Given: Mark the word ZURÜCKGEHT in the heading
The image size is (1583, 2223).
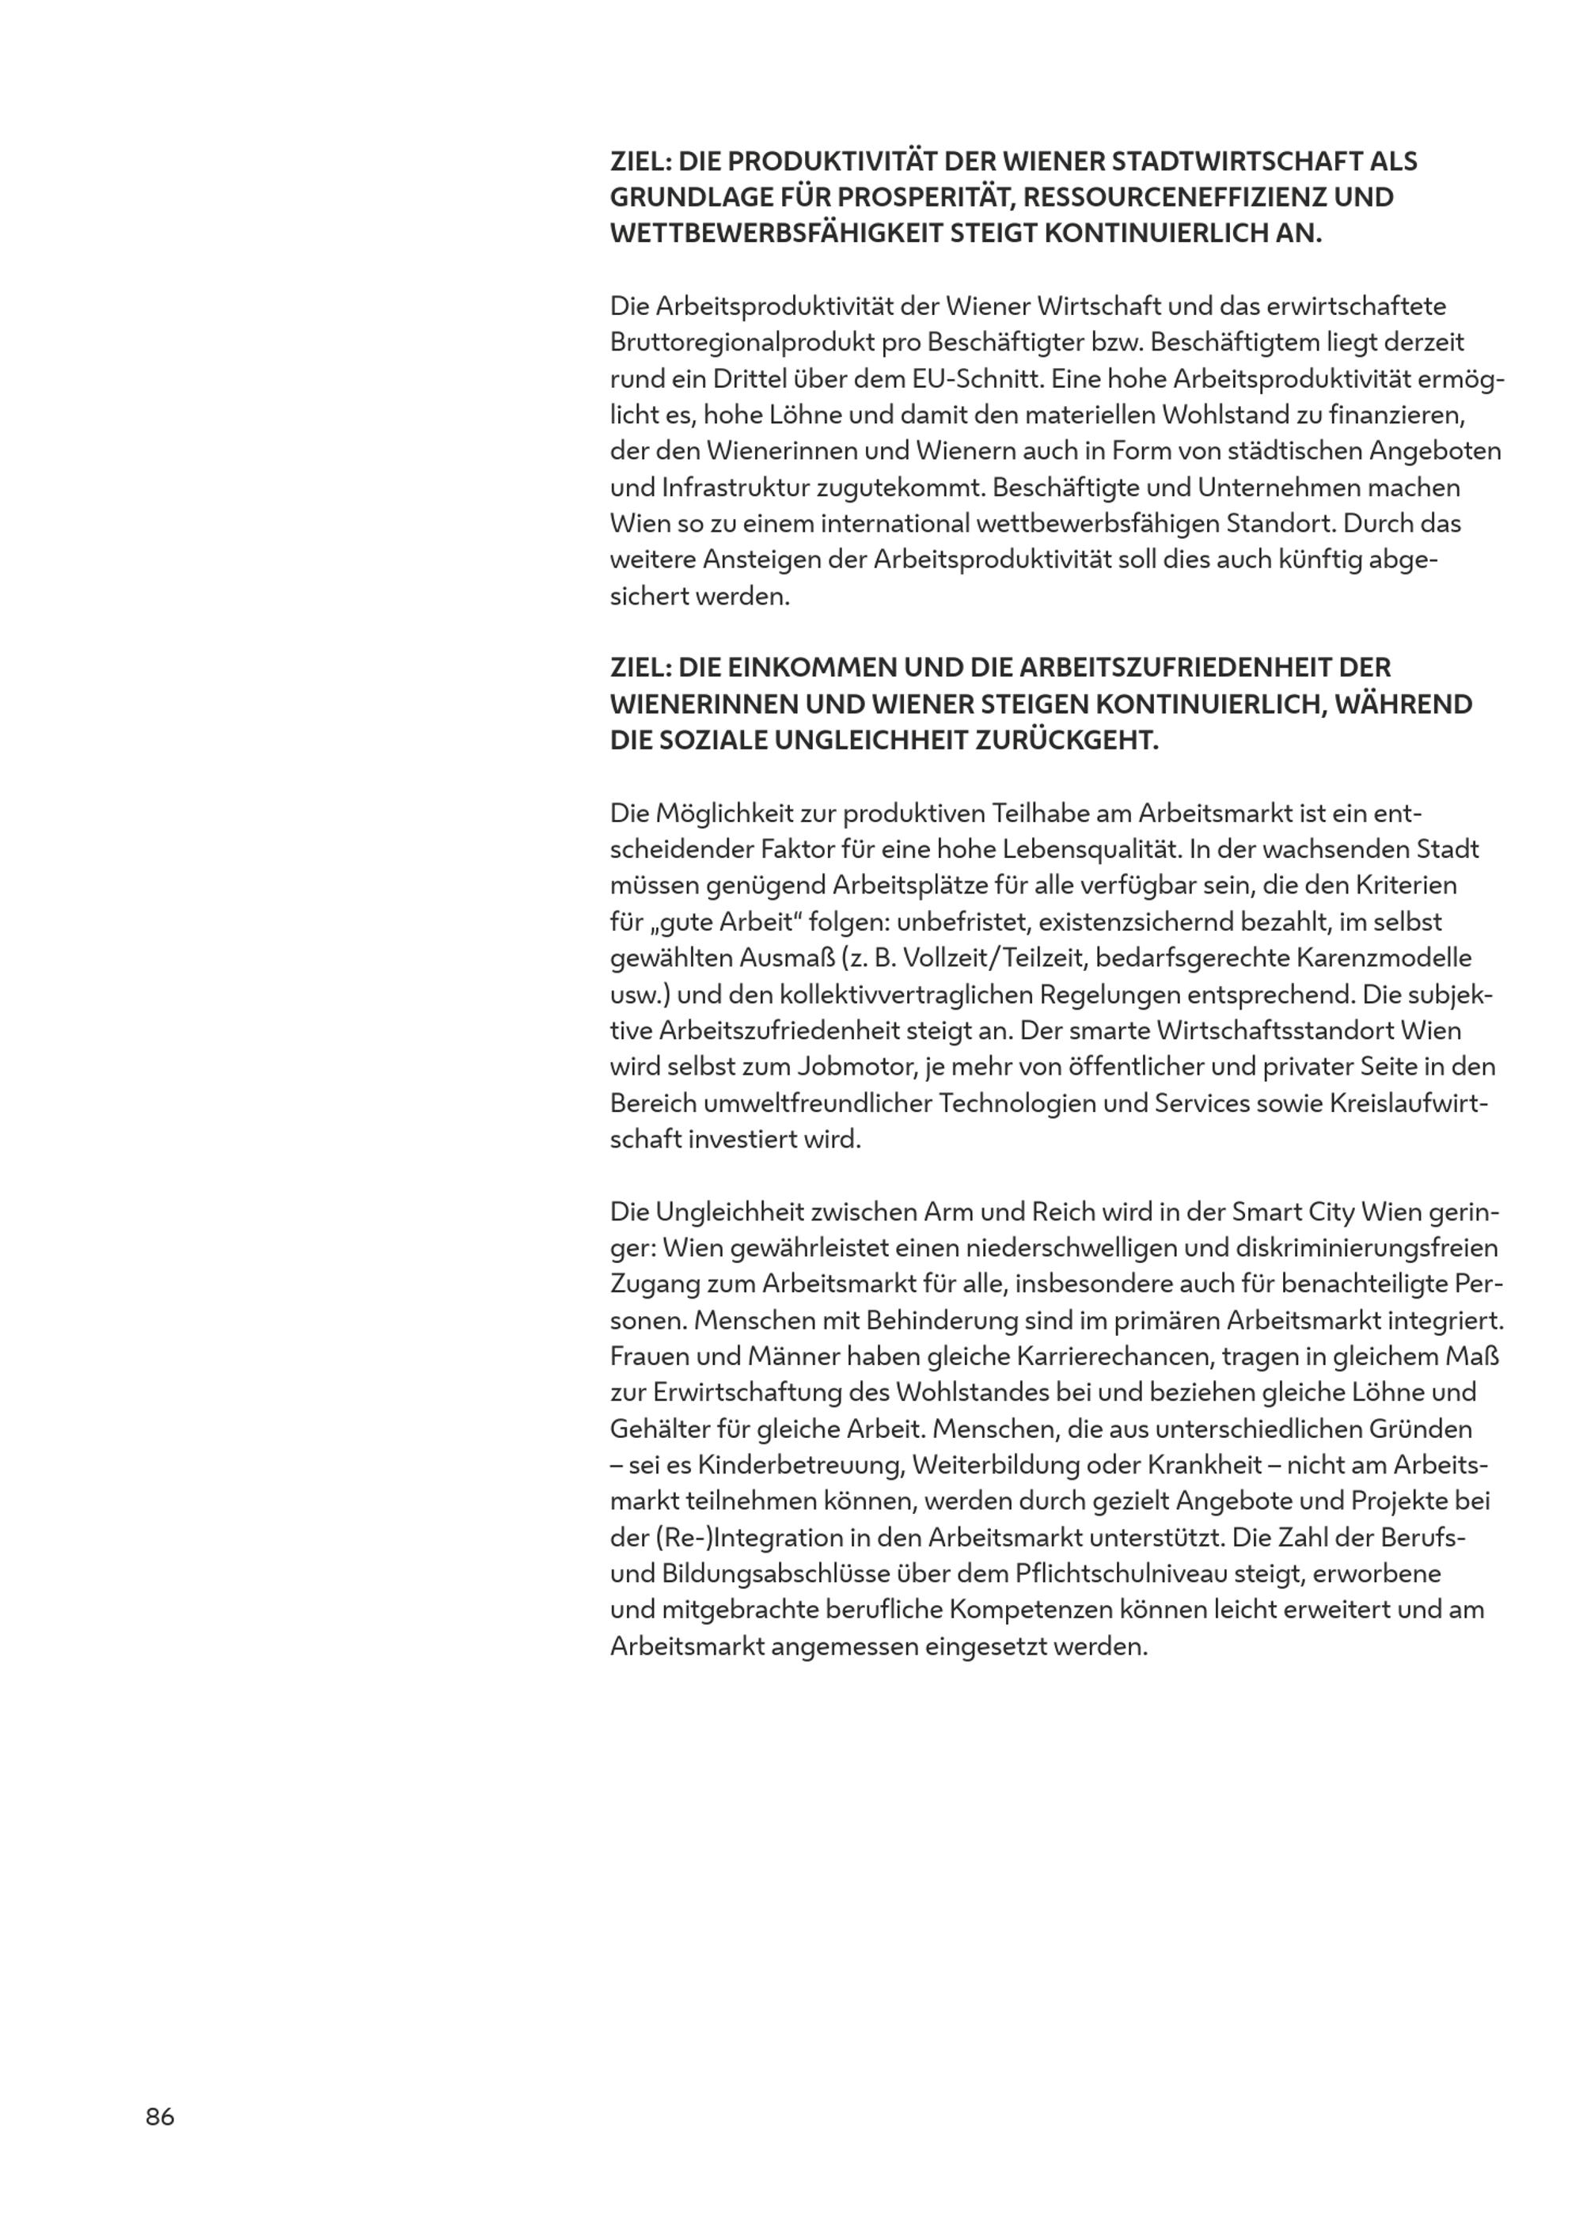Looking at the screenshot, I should (1068, 740).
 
